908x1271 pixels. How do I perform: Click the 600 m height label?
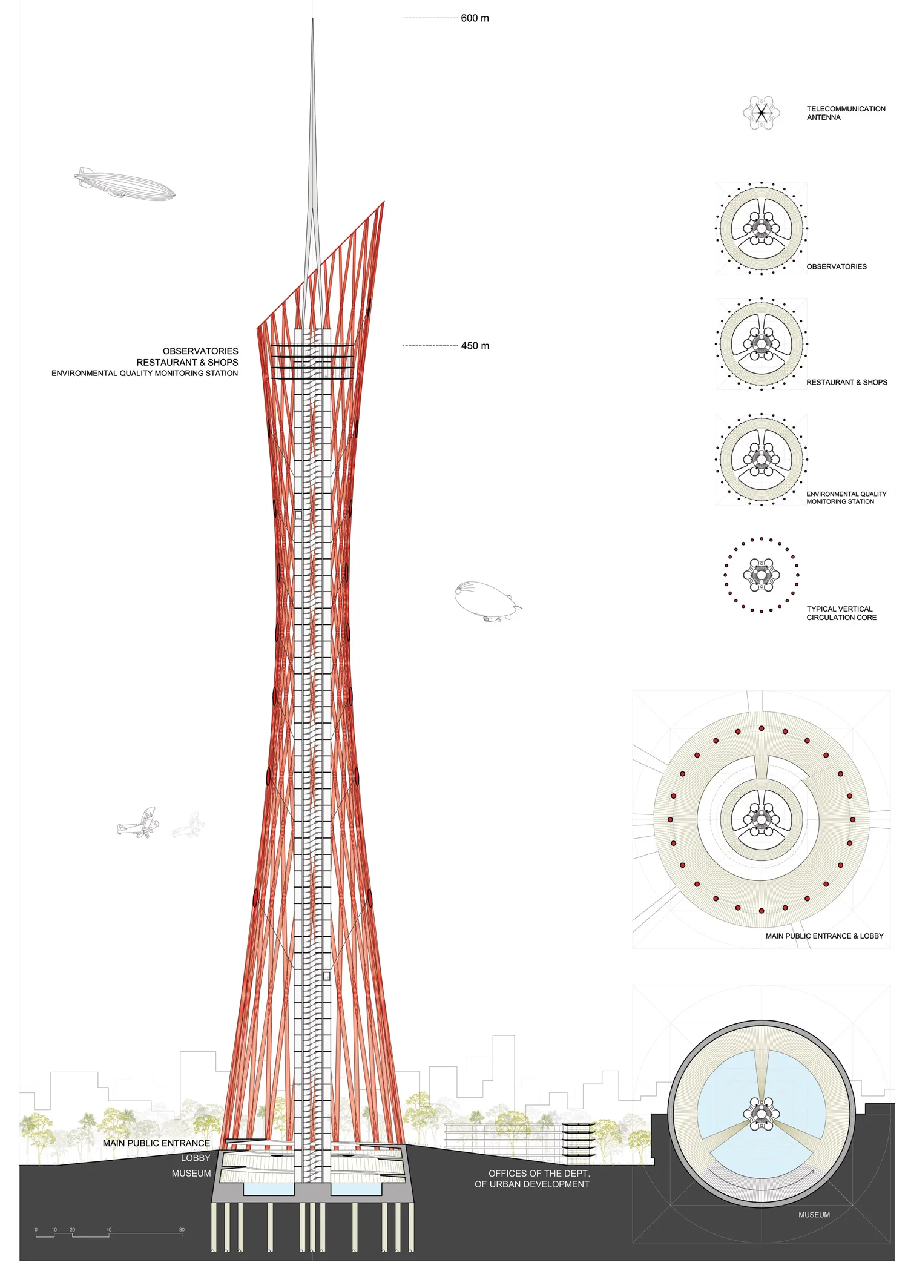(x=475, y=18)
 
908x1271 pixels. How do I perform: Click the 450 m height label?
(x=475, y=346)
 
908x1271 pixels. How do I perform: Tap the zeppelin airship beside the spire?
(x=125, y=185)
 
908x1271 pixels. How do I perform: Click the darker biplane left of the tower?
(x=139, y=823)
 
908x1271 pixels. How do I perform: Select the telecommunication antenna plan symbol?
(x=762, y=113)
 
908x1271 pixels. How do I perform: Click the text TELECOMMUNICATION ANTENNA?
(x=846, y=113)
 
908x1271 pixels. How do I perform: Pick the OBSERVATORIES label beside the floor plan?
(x=837, y=266)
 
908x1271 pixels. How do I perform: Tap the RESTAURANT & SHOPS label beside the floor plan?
(x=846, y=382)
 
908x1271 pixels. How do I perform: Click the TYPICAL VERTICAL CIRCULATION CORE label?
(x=841, y=613)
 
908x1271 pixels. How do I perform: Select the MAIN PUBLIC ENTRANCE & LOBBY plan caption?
(x=824, y=936)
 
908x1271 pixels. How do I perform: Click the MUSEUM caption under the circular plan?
(x=814, y=1215)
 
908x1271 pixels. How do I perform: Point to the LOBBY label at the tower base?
(x=196, y=1158)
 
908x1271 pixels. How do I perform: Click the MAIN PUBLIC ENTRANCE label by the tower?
(x=156, y=1143)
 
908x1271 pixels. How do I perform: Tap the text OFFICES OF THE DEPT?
(x=539, y=1173)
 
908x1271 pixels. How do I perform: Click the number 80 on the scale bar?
(x=182, y=1230)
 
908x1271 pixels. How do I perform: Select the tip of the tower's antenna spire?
(x=312, y=19)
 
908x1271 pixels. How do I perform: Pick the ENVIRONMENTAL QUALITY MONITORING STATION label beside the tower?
(x=145, y=373)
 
